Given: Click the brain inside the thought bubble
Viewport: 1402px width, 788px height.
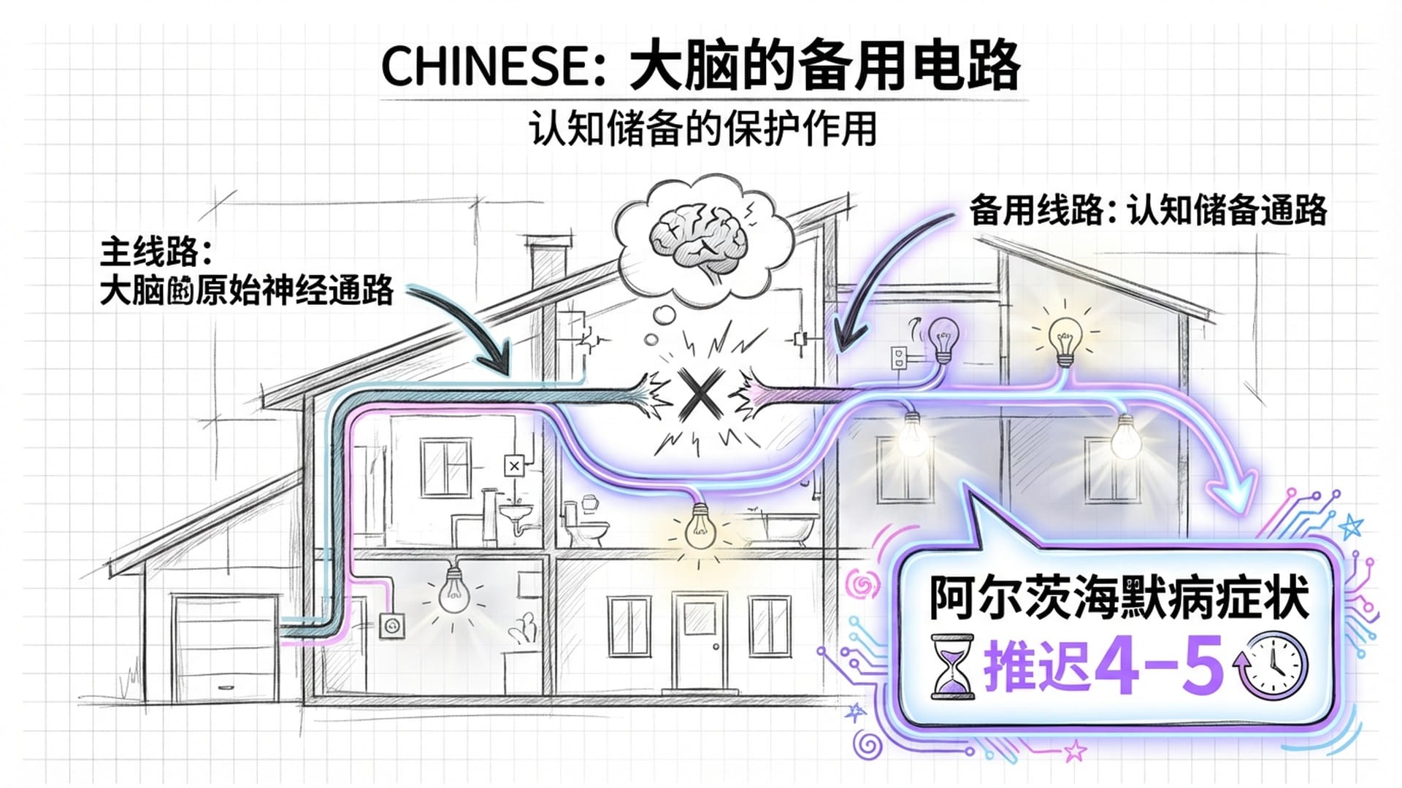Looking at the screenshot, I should click(x=700, y=238).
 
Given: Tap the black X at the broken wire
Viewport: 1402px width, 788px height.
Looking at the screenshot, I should click(x=696, y=394).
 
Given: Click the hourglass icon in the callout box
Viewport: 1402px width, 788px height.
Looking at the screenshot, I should click(x=952, y=667).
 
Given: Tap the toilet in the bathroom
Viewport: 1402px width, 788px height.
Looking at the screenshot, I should click(x=589, y=522).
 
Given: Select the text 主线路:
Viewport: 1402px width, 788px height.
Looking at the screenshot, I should click(x=155, y=252).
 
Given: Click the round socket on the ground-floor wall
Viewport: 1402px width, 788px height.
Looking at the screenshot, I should click(x=393, y=625).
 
